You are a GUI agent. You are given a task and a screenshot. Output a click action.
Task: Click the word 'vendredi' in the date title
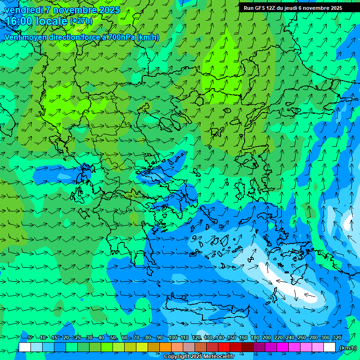click(22, 10)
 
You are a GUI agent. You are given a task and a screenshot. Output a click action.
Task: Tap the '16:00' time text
click(19, 21)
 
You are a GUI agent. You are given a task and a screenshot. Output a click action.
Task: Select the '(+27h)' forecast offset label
click(81, 21)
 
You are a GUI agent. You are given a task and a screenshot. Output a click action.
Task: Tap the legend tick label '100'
click(173, 337)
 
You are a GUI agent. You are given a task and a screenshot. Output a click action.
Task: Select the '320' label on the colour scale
click(337, 337)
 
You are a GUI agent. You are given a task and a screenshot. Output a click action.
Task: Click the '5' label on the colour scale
click(30, 337)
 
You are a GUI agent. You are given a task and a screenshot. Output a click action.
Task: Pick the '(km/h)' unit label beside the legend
click(348, 348)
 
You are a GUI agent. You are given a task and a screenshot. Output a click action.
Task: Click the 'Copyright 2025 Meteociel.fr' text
click(199, 357)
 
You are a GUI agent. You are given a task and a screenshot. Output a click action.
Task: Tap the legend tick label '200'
click(267, 337)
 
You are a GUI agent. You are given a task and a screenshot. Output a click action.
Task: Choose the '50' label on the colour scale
click(113, 337)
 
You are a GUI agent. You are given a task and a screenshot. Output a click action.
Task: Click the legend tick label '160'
click(243, 337)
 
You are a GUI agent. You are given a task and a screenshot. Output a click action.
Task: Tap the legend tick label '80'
click(148, 337)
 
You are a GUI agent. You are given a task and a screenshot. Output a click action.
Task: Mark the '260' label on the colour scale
click(302, 337)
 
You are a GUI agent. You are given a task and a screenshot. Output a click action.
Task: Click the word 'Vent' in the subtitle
click(13, 37)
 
